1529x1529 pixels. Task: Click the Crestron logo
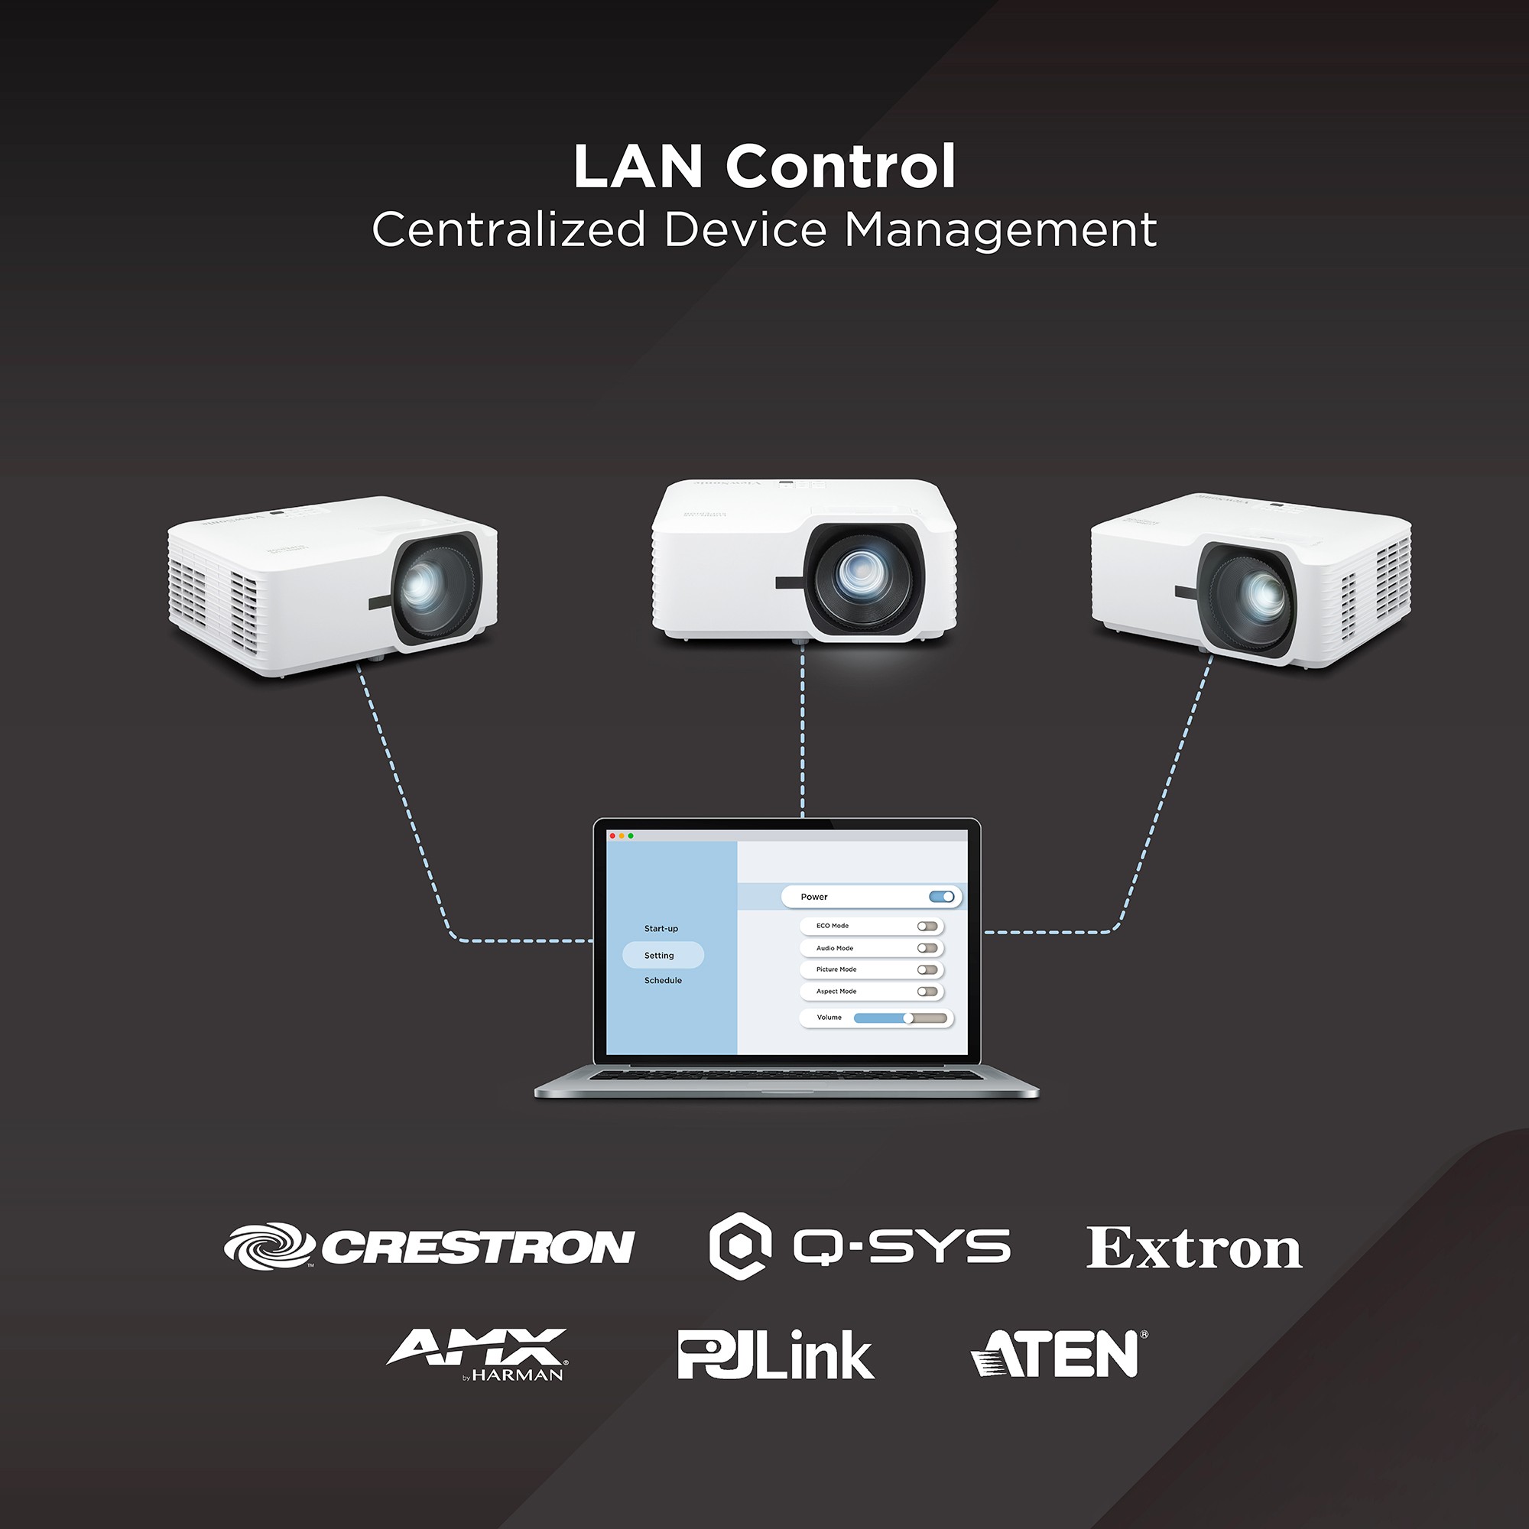pos(429,1246)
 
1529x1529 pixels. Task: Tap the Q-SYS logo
pos(859,1246)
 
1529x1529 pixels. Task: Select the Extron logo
pos(1193,1249)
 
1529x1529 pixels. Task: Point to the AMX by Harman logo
pos(477,1353)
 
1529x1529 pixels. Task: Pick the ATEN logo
pos(1059,1353)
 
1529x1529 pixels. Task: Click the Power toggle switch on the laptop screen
pos(942,897)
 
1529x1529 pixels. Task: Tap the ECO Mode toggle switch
pos(927,926)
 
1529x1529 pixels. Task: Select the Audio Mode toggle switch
pos(927,948)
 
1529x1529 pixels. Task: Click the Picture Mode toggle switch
pos(927,969)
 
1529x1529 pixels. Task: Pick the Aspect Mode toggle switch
pos(927,992)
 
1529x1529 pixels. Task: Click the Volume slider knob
pos(908,1018)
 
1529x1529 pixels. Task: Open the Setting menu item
pos(659,955)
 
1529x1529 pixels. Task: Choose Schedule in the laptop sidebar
pos(662,981)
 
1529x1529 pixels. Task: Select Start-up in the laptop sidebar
pos(661,928)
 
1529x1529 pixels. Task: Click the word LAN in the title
pos(638,167)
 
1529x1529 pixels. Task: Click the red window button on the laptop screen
pos(612,836)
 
